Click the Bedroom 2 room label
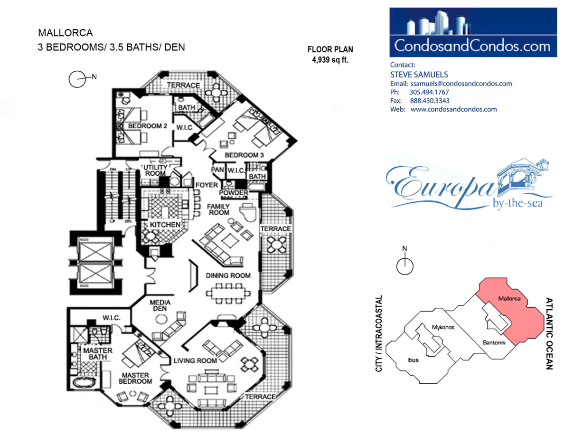pos(148,126)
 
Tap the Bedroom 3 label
pos(244,155)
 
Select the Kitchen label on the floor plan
pos(165,225)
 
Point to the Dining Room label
pos(228,275)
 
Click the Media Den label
pos(160,305)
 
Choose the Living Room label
pos(195,360)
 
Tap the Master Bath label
pos(98,354)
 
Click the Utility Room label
pos(155,170)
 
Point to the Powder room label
pos(234,192)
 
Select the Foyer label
pos(207,185)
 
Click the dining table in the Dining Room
pos(228,293)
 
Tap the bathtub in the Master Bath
pos(84,382)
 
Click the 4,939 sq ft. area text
pos(330,60)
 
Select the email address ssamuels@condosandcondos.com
pos(461,84)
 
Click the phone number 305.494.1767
pos(429,92)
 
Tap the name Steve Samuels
pos(419,75)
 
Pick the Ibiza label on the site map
pos(413,360)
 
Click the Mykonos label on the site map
pos(443,327)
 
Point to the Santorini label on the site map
pos(494,342)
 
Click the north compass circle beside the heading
pos(77,79)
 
